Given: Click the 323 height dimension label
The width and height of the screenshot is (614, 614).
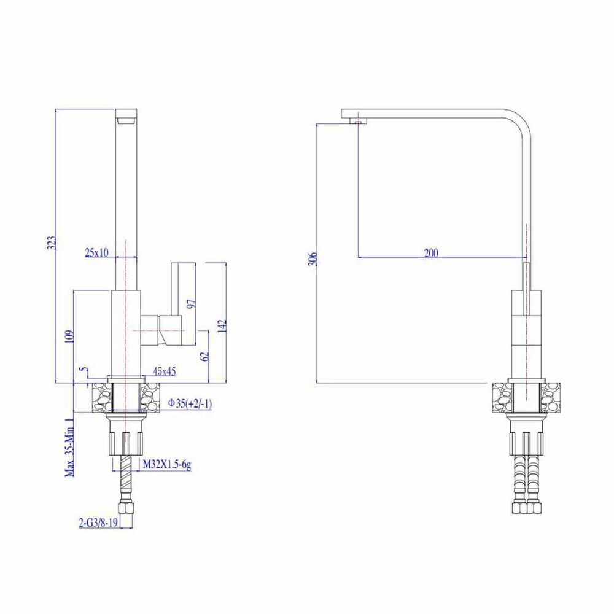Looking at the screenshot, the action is [52, 243].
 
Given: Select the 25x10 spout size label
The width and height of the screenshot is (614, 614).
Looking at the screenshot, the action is [97, 252].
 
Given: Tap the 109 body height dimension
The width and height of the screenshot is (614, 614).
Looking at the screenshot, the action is [69, 336].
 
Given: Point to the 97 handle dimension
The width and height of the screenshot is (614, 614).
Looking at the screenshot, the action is [192, 303].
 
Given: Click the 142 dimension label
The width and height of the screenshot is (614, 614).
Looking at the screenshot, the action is [222, 325].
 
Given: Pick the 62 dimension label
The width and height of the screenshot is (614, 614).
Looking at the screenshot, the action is [204, 356].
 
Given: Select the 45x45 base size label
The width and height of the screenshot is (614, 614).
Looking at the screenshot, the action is [164, 371].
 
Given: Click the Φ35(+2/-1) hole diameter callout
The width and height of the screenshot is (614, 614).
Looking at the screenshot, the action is [190, 403].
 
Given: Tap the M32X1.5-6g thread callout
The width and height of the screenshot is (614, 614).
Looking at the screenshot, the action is [167, 465].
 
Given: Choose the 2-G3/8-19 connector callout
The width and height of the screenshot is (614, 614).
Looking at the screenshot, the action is [98, 523].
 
